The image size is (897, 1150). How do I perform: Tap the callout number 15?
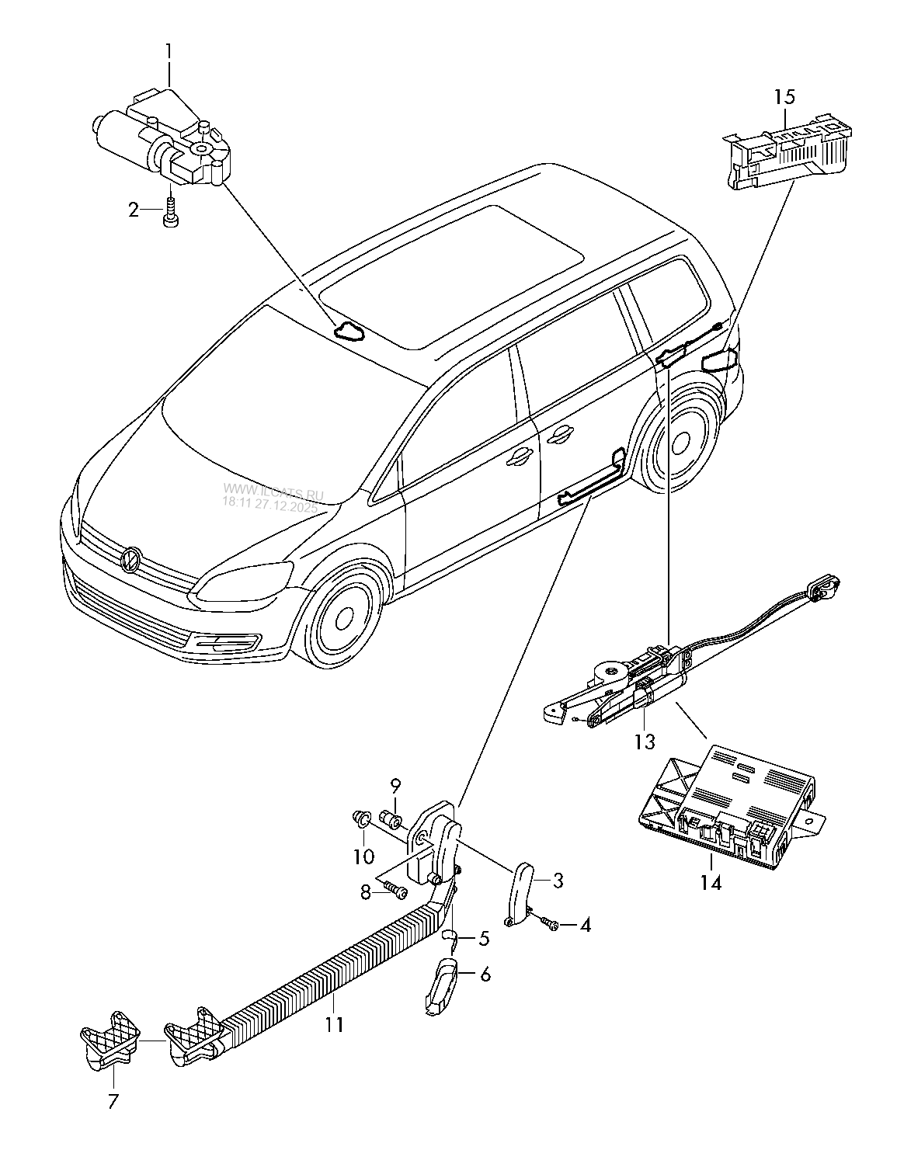tap(784, 97)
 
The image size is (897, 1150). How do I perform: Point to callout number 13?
tap(645, 741)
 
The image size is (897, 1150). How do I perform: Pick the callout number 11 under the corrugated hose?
tap(334, 1024)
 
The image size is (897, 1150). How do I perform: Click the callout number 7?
tap(114, 1100)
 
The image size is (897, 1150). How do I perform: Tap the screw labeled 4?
tap(551, 924)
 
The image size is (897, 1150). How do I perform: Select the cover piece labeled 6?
tap(441, 985)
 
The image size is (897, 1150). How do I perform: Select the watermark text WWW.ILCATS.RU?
tap(272, 490)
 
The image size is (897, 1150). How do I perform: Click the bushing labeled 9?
tap(391, 820)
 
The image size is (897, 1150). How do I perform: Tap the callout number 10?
tap(363, 856)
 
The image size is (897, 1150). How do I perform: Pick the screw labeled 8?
tap(398, 891)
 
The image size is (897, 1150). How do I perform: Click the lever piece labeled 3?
tap(520, 893)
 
